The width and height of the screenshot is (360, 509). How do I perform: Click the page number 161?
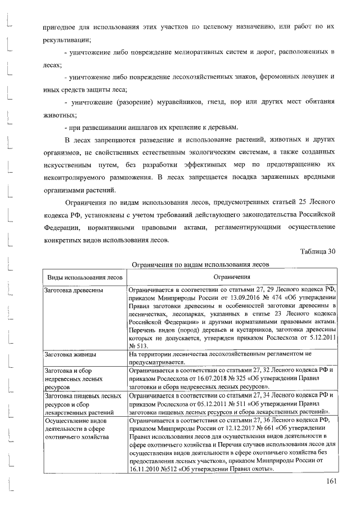pyautogui.click(x=330, y=481)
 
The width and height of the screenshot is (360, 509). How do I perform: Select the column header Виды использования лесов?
pyautogui.click(x=84, y=277)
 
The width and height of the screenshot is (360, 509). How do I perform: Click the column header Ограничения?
pyautogui.click(x=231, y=277)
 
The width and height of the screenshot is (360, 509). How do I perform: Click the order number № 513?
pyautogui.click(x=138, y=347)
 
